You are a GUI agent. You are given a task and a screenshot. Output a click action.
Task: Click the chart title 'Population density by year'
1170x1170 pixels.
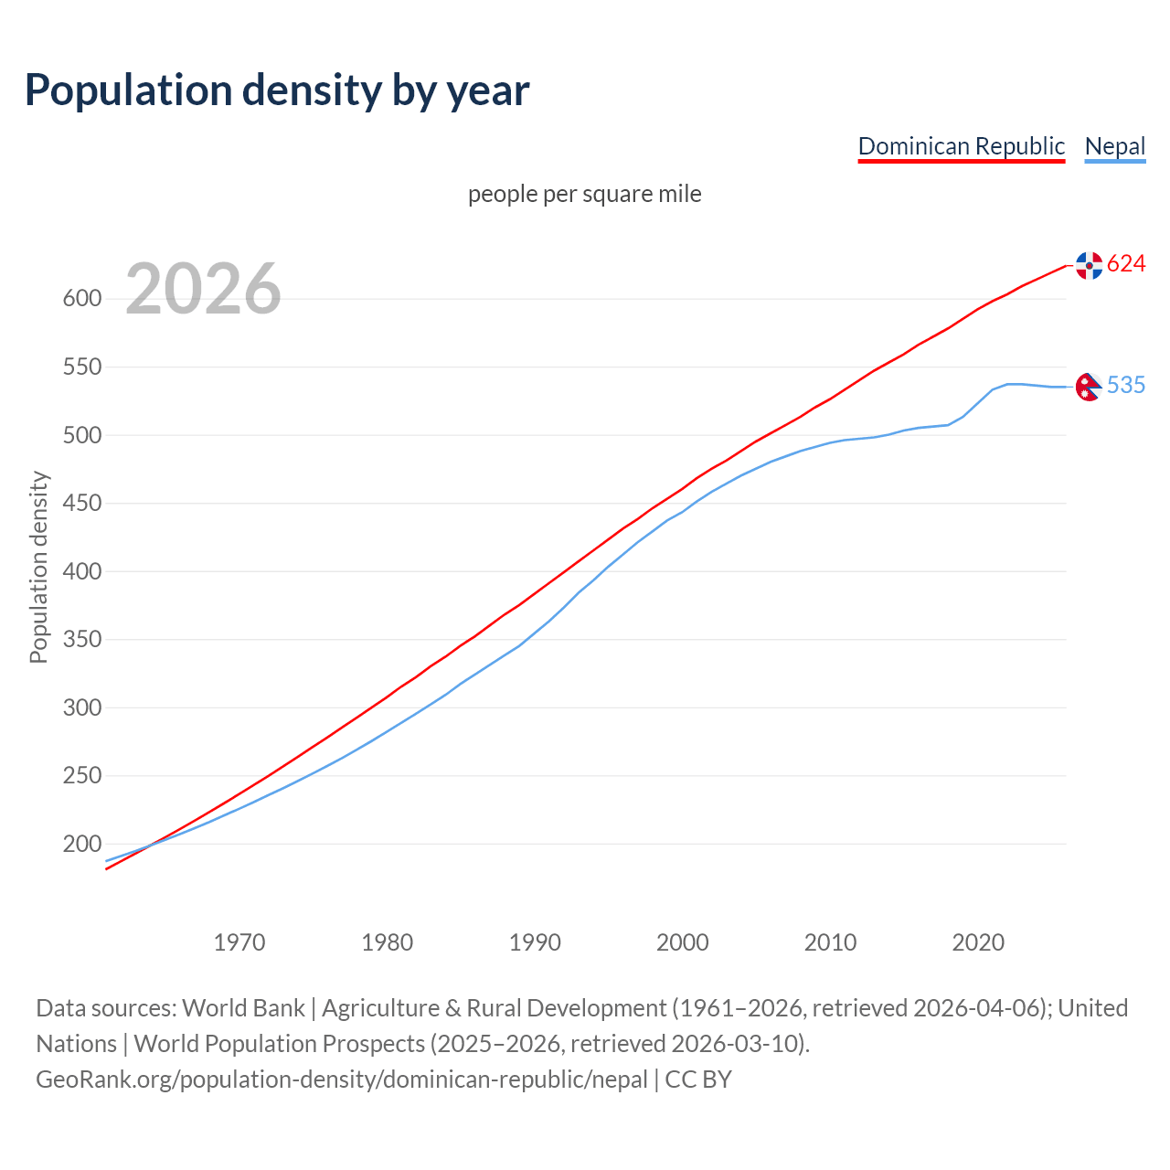pos(277,90)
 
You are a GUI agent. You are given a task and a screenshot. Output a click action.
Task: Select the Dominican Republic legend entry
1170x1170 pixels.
pos(961,146)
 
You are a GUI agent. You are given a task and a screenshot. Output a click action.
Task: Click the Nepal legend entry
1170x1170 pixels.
pos(1114,146)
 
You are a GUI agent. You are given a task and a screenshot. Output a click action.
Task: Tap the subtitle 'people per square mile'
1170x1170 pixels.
pos(584,195)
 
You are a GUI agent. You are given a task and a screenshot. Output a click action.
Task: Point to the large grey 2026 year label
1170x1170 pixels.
pos(203,289)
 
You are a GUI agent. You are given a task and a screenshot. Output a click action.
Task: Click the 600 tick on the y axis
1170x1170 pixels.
pos(81,299)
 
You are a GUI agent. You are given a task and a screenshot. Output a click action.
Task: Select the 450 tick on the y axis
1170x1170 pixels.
pos(81,504)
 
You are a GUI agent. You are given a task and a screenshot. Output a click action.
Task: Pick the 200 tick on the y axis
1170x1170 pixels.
pos(81,845)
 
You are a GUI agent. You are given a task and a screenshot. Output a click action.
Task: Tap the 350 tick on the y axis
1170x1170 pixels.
pos(81,640)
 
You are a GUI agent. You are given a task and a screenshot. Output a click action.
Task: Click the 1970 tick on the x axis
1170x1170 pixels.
pos(239,942)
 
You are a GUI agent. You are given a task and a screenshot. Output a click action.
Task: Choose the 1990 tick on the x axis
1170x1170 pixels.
pos(535,942)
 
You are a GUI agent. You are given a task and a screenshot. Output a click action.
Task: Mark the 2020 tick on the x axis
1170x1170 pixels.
pos(978,942)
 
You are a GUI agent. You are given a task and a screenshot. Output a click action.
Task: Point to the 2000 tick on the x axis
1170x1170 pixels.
pos(683,942)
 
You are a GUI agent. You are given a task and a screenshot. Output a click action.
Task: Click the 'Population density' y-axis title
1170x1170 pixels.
pos(38,567)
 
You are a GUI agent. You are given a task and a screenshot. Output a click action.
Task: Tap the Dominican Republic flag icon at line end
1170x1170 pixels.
pos(1089,265)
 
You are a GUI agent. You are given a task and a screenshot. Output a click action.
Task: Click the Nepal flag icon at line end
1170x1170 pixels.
pos(1088,387)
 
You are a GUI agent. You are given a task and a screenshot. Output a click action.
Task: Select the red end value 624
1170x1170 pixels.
pos(1126,264)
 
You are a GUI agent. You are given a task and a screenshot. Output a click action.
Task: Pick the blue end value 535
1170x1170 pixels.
pos(1126,386)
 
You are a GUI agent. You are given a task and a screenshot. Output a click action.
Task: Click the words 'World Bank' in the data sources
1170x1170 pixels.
pos(243,1008)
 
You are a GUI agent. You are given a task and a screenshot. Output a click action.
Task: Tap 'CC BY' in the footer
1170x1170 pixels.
pos(698,1080)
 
